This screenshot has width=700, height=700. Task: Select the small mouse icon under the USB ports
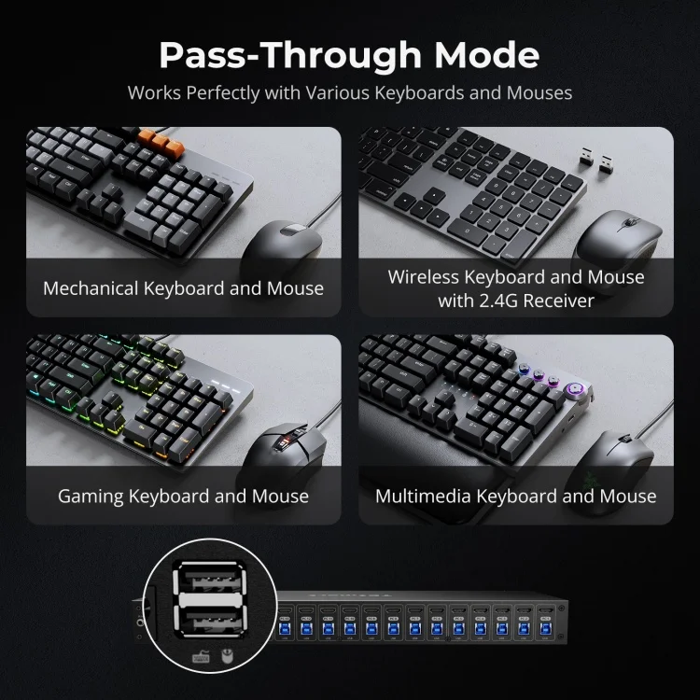click(225, 656)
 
